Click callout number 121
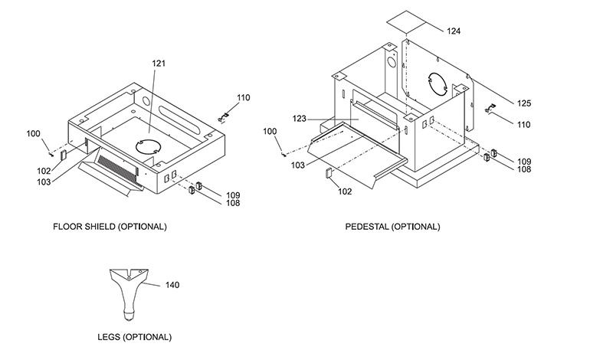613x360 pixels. (159, 64)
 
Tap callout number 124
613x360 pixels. (454, 31)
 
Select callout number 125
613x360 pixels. (524, 103)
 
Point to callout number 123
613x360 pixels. (299, 119)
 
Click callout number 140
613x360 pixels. (172, 285)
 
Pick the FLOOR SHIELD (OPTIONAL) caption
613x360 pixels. (110, 227)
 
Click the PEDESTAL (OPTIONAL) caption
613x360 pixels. (392, 227)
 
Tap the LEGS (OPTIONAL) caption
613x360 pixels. (135, 337)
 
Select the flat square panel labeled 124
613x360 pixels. (406, 23)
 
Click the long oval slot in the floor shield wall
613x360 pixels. (179, 117)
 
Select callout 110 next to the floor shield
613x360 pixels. (243, 98)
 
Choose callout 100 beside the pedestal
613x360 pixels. (270, 131)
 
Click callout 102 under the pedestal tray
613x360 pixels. (345, 191)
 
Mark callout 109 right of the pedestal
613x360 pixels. (524, 162)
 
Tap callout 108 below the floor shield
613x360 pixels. (233, 203)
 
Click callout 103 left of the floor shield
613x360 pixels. (44, 182)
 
